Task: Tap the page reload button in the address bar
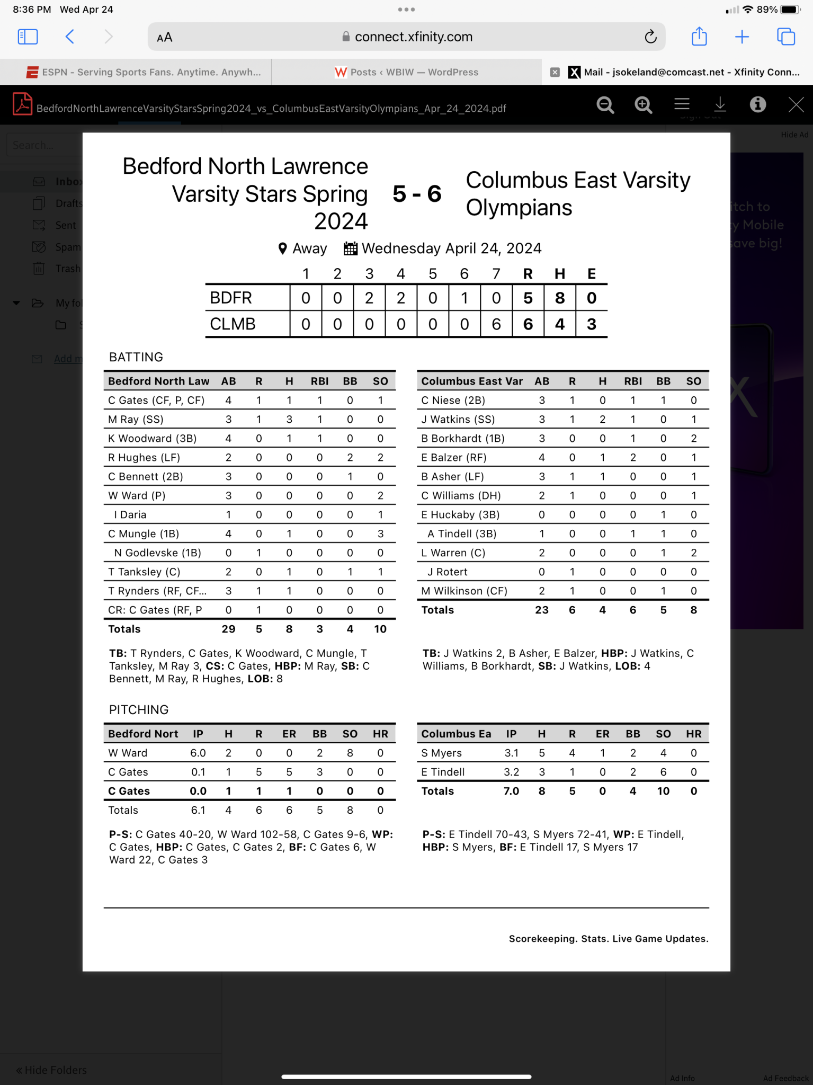(x=650, y=37)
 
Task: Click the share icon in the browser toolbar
(x=699, y=37)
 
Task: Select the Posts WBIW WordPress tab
(x=406, y=72)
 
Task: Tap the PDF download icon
(x=720, y=104)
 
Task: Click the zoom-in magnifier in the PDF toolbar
(x=643, y=105)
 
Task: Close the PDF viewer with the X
(x=796, y=105)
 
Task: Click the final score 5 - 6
(x=417, y=194)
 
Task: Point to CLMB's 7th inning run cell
(x=496, y=324)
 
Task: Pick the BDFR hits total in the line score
(x=560, y=298)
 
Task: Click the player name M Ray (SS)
(x=136, y=419)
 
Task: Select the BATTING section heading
(x=136, y=357)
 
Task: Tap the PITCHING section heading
(x=138, y=709)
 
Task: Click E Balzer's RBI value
(x=633, y=457)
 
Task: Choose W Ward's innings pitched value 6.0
(x=198, y=753)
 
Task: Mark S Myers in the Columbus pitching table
(x=441, y=753)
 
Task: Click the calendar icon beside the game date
(x=350, y=248)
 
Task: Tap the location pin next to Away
(x=282, y=248)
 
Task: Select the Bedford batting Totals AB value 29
(x=228, y=629)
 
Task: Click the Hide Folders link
(x=51, y=1070)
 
